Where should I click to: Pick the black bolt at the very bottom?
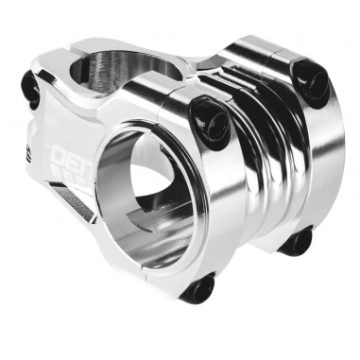198,287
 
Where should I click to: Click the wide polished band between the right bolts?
307,161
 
